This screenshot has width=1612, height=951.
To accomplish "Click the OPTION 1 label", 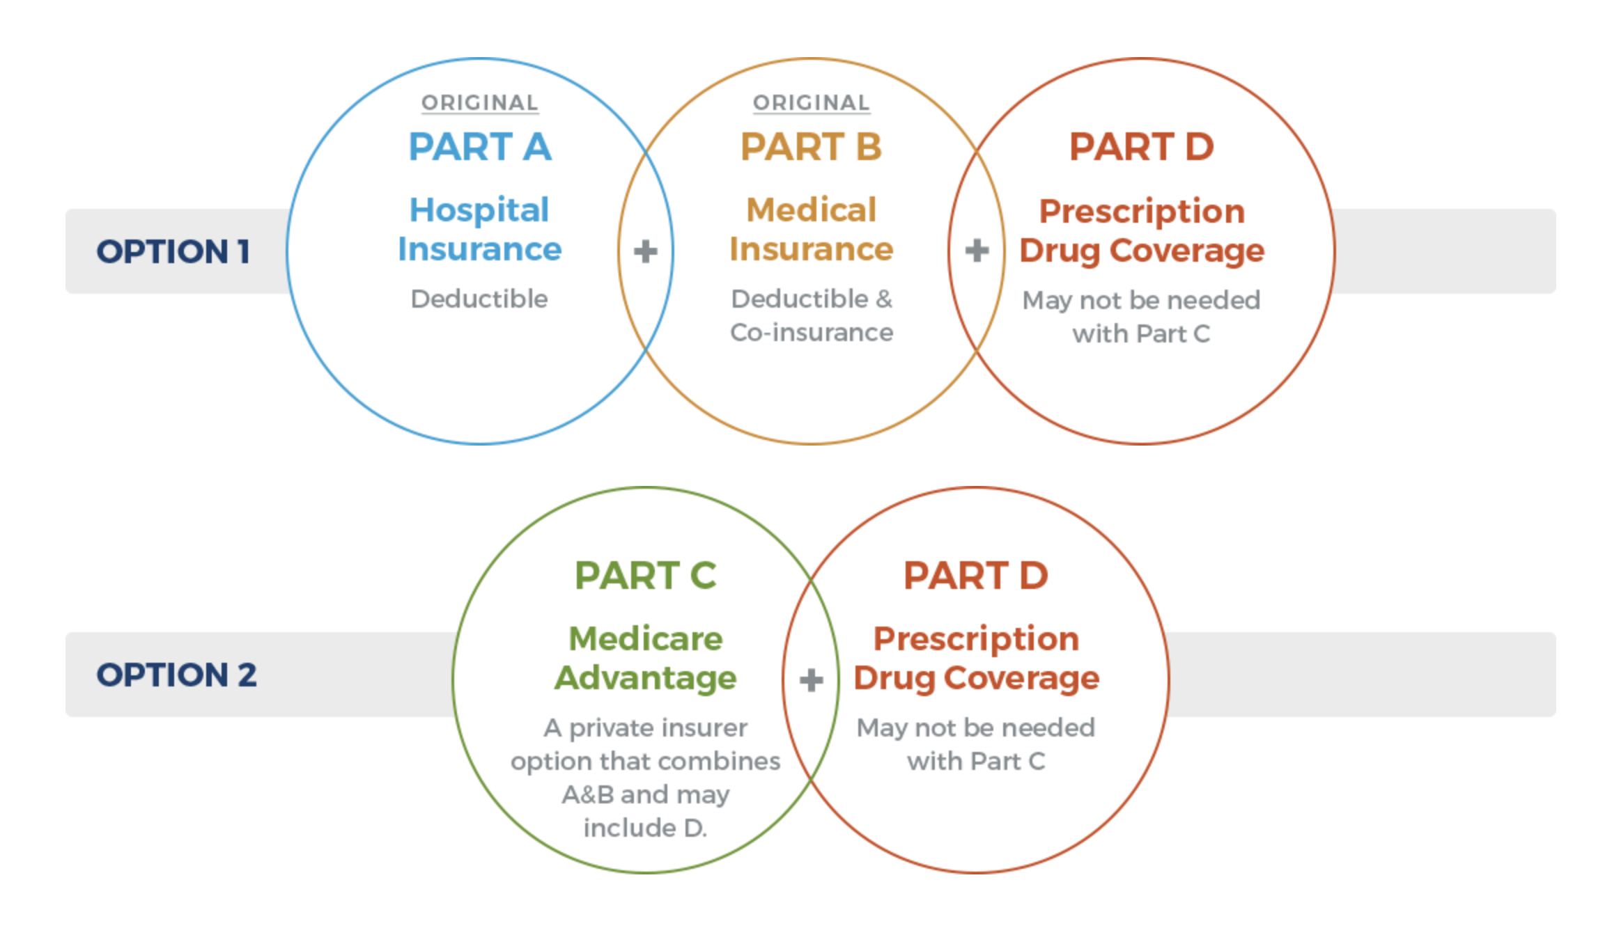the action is (173, 251).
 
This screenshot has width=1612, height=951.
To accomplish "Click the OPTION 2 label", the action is (176, 675).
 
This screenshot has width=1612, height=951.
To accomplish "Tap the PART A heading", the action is (480, 147).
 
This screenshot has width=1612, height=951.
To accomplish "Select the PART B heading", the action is (812, 147).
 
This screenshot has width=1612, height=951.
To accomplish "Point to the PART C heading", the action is (646, 575).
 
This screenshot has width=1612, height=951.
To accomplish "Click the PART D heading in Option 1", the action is (1142, 147).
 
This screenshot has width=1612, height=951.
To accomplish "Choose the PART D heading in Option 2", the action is (976, 575).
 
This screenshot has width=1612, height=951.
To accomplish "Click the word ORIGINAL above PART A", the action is (480, 103).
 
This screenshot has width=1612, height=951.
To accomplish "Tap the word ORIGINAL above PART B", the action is (812, 103).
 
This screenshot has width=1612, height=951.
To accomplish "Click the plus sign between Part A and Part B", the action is (646, 251).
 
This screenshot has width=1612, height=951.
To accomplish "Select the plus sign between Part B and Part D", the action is (977, 251).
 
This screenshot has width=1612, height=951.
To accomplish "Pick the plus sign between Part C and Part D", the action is (811, 680).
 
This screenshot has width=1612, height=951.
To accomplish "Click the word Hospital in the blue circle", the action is (479, 210).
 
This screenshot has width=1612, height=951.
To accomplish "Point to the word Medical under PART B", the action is (812, 210).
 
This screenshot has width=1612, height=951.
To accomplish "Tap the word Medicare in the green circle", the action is (646, 638).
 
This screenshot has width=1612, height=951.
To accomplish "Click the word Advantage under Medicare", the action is (646, 679).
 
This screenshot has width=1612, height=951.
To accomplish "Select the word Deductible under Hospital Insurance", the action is (479, 299).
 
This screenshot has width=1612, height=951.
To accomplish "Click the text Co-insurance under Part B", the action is (812, 333).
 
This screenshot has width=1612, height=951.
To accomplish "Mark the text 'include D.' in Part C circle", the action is (646, 828).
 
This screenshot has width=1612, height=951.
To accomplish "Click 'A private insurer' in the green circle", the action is (646, 728).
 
